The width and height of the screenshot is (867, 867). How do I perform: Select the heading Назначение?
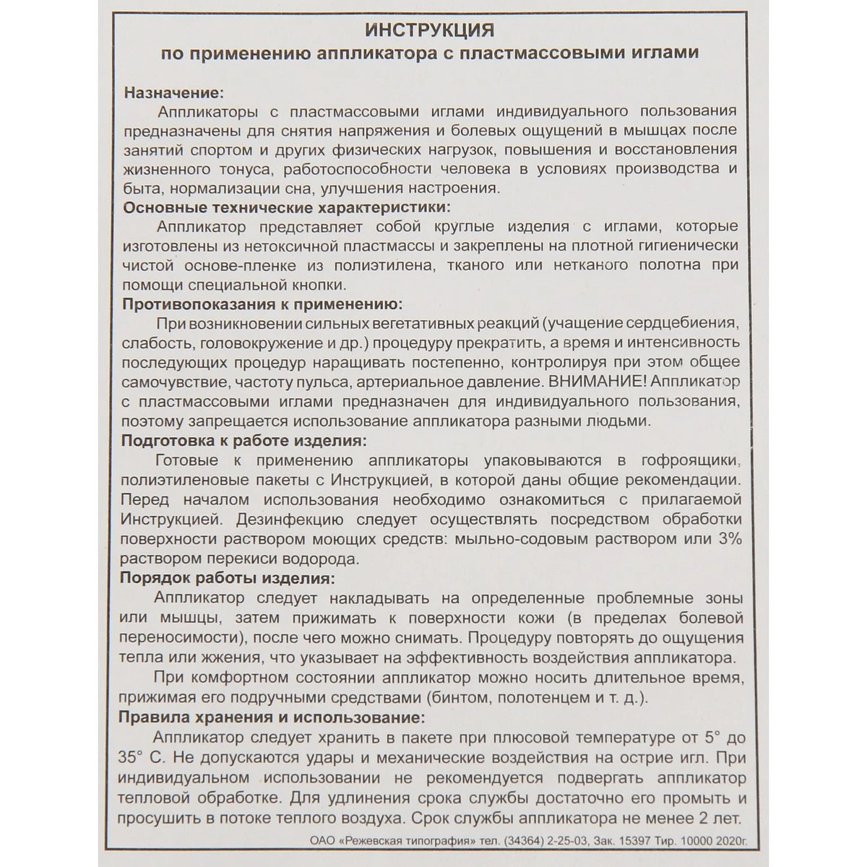coord(174,93)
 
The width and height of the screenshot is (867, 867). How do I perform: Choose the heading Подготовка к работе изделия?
coord(244,441)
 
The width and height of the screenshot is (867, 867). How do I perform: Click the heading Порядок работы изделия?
coord(228,579)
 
